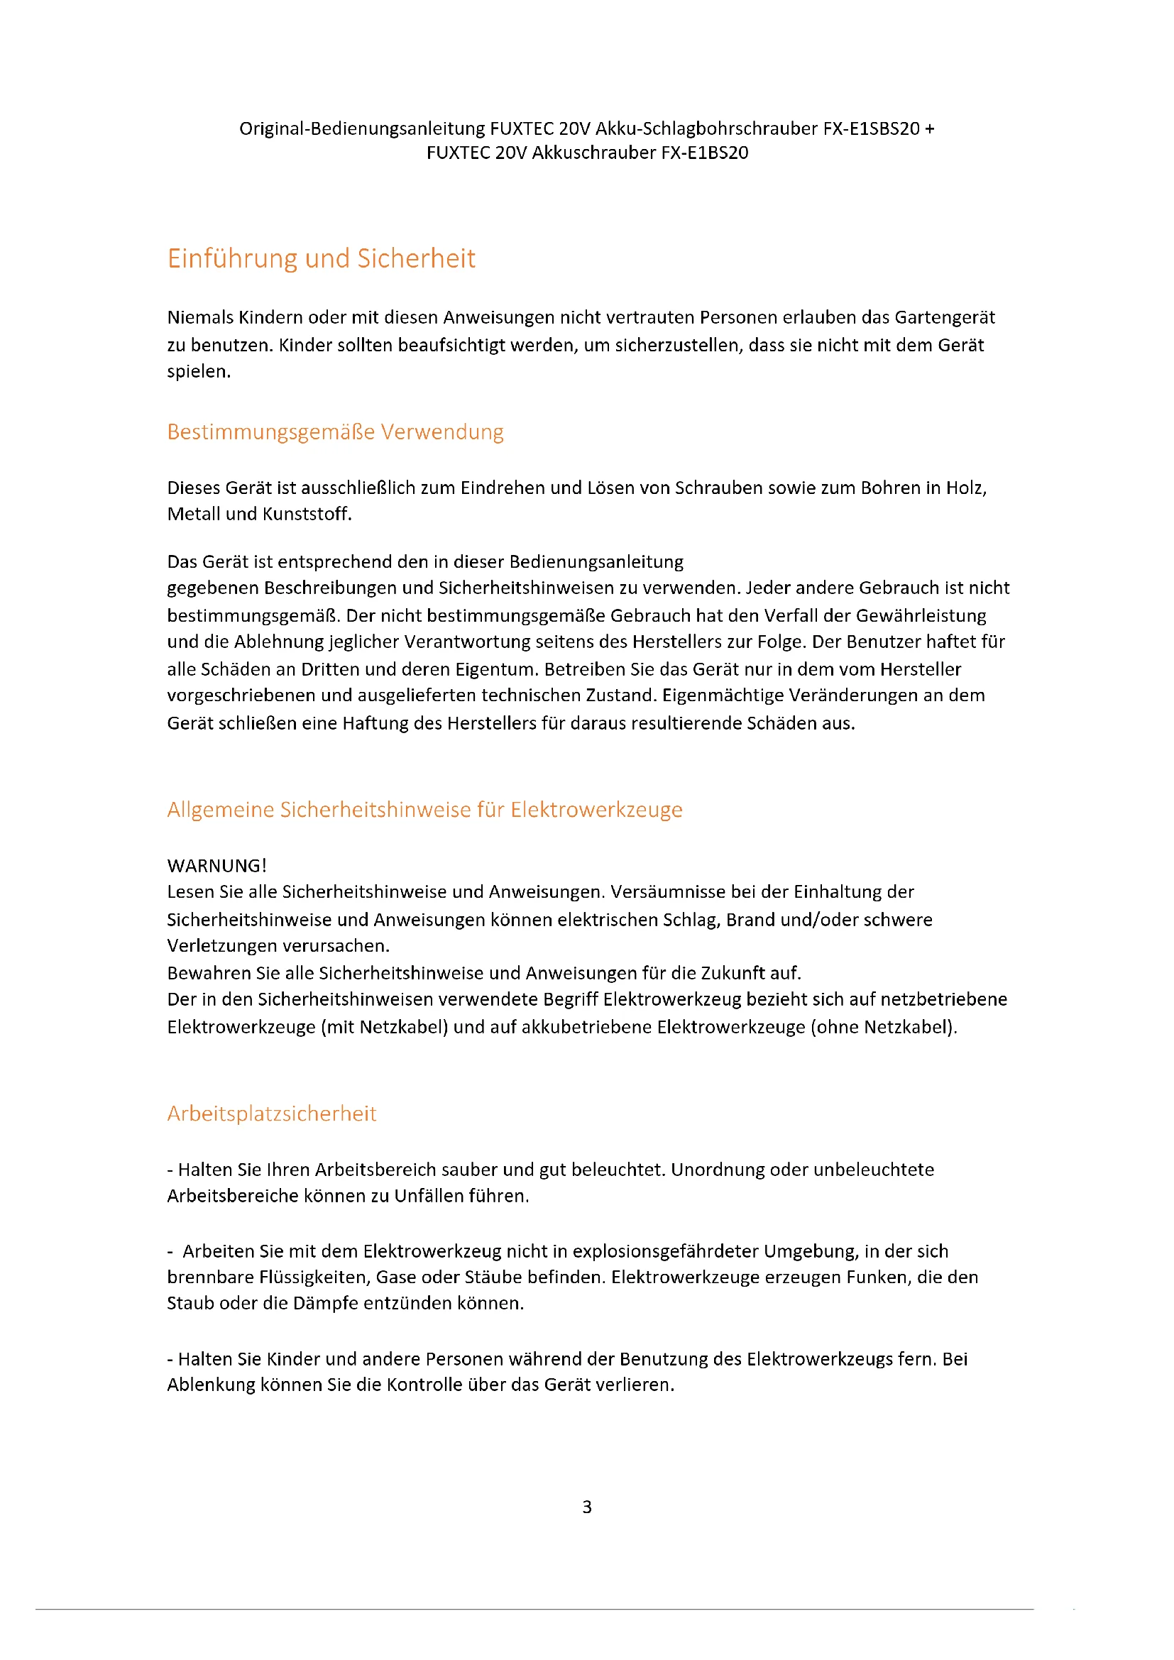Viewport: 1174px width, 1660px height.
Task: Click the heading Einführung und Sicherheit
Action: (321, 258)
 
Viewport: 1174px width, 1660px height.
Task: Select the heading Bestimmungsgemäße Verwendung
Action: (335, 432)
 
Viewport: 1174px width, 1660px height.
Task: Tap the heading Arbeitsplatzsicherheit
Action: (271, 1113)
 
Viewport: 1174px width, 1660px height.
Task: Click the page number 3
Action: (586, 1507)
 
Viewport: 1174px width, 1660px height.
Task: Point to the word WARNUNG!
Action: (217, 865)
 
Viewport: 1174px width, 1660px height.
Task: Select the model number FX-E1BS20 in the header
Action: (704, 153)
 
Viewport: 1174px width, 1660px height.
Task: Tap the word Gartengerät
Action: (944, 317)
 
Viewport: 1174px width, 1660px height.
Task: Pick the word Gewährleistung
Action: (931, 615)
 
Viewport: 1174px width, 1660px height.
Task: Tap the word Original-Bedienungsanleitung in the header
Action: (362, 128)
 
